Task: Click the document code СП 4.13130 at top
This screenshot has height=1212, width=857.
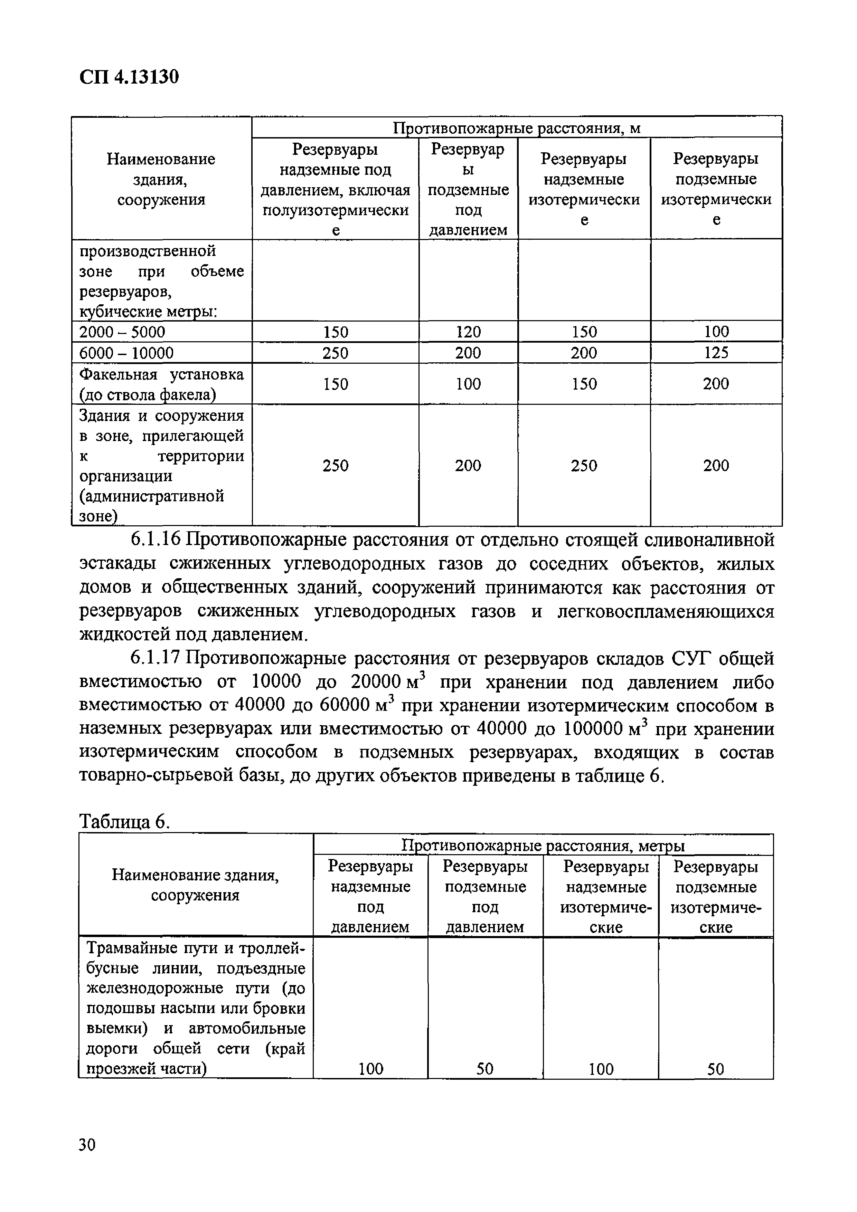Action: pyautogui.click(x=129, y=77)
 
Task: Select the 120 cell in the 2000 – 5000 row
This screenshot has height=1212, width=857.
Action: pyautogui.click(x=468, y=332)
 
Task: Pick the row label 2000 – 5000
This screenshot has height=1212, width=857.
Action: pyautogui.click(x=122, y=332)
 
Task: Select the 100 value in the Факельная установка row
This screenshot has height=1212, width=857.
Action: pyautogui.click(x=468, y=384)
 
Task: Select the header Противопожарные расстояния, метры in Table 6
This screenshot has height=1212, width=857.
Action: pyautogui.click(x=543, y=846)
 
